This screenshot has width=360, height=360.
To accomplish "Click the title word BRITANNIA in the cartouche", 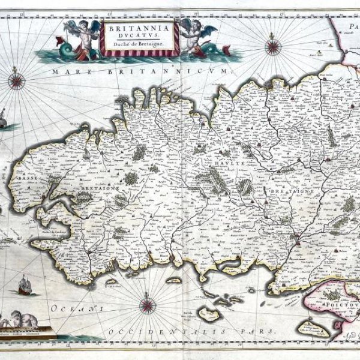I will (x=139, y=27).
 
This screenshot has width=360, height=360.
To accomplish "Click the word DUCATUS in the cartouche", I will (x=139, y=35).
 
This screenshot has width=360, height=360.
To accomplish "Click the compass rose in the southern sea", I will (x=148, y=306).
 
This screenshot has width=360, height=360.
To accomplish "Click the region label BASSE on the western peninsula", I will (x=26, y=178).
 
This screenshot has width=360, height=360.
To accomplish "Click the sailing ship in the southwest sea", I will (x=26, y=286).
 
